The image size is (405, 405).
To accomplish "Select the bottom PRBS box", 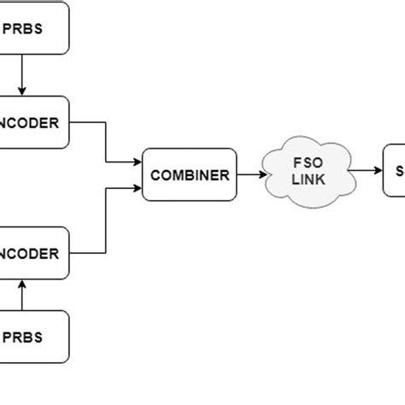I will coord(34,335).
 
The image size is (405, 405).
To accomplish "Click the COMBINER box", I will coord(190,174).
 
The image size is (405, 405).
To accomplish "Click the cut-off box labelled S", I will coord(395,170).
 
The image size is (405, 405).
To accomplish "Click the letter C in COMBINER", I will coord(155,175).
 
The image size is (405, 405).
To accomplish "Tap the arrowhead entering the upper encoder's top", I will coord(22,91).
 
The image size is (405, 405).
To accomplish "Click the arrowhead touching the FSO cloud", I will coord(263,174).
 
